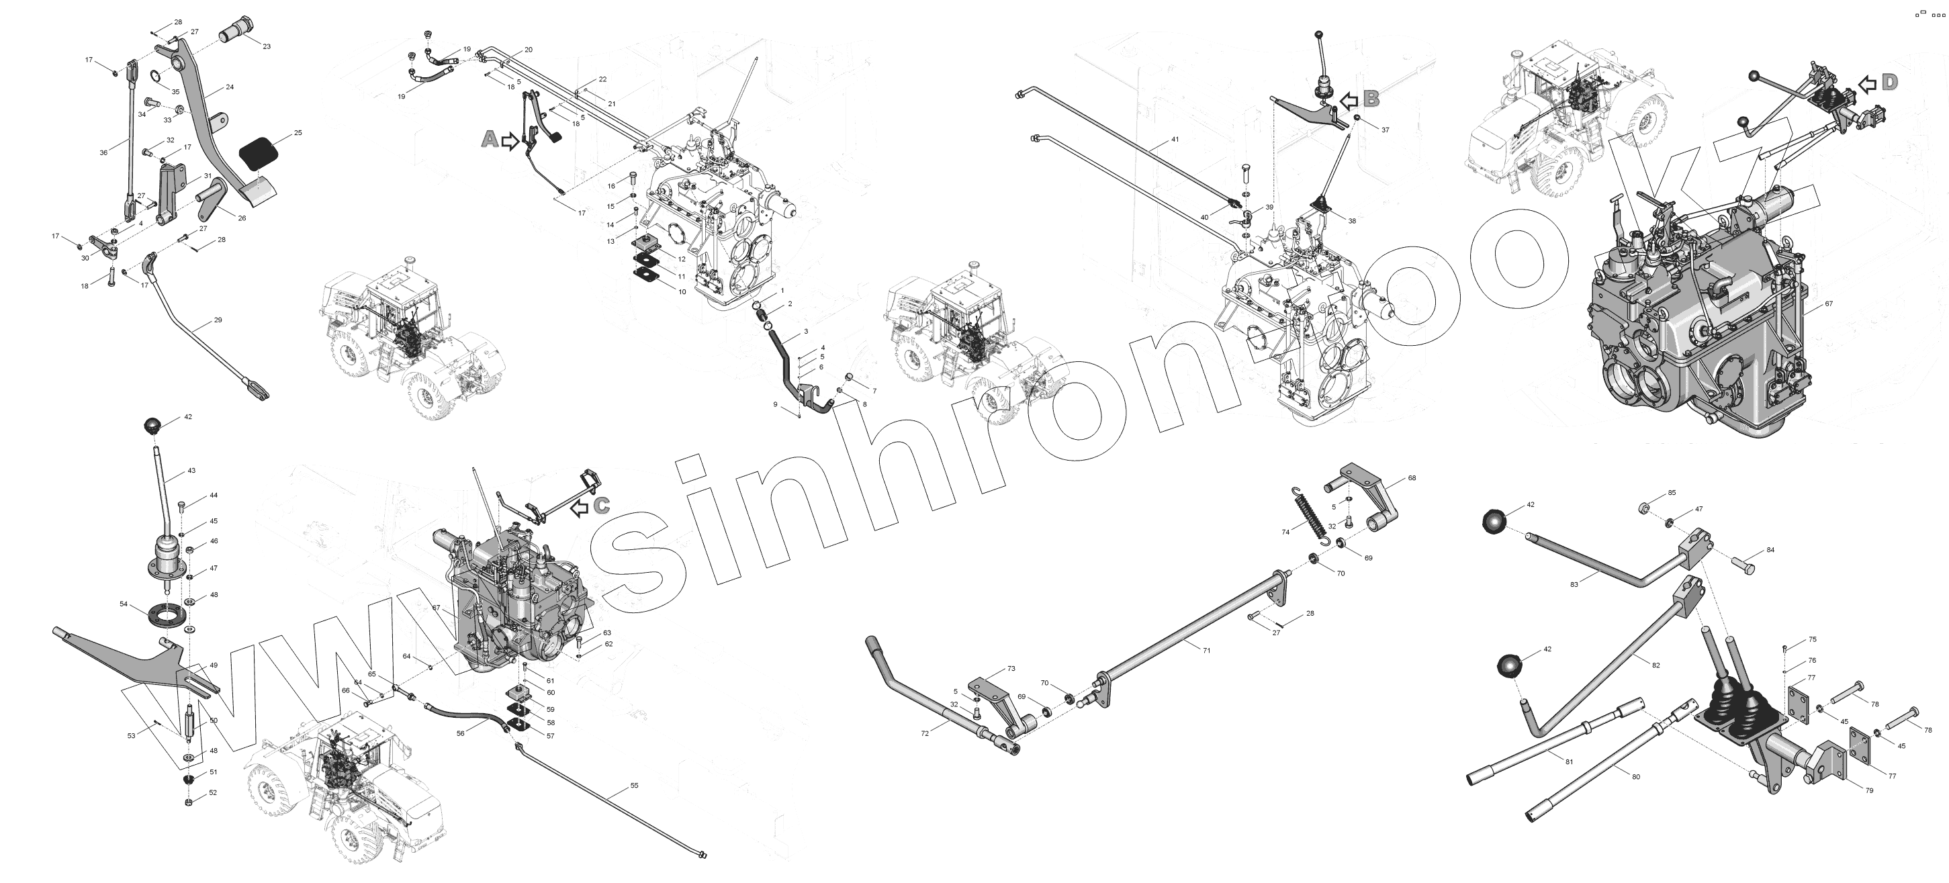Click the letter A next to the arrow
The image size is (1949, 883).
point(490,139)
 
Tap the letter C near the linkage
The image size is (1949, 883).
point(602,506)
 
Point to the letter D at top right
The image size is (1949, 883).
point(1889,83)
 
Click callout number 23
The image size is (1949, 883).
point(267,46)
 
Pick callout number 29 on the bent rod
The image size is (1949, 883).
point(218,320)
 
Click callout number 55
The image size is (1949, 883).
point(634,786)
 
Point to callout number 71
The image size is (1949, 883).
point(1207,650)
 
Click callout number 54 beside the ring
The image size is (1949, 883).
point(124,604)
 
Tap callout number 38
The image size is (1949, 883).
point(1351,221)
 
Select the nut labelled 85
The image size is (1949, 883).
point(1643,507)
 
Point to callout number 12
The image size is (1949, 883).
point(682,259)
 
